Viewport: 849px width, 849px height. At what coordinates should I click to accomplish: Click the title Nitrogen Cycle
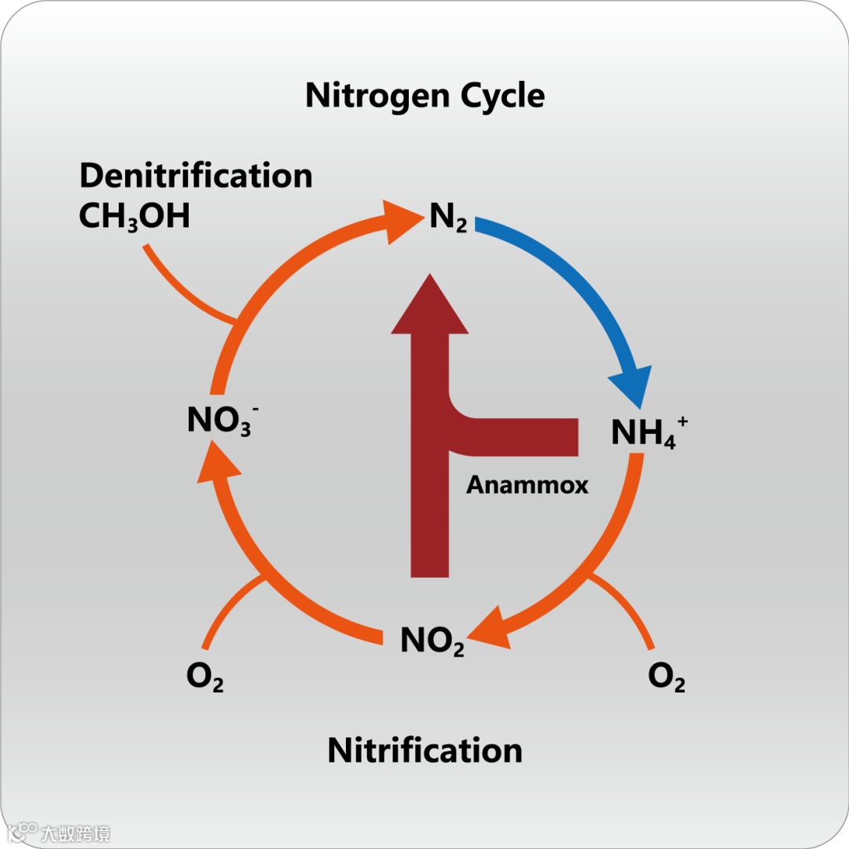pos(424,96)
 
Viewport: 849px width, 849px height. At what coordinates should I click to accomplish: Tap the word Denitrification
pos(196,175)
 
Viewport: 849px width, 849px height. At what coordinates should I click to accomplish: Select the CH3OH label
pos(134,215)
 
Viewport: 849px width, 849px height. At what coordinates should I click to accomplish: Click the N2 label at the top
pos(448,218)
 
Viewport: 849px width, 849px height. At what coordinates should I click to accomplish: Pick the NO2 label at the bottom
pos(432,641)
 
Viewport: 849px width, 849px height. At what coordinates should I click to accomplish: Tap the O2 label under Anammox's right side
pos(666,677)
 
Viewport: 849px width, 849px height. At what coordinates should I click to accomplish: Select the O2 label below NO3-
pos(204,677)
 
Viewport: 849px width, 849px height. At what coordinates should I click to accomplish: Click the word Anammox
pos(527,484)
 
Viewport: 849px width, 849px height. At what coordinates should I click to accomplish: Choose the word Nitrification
pos(424,750)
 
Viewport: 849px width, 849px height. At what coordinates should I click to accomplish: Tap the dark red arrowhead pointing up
pos(429,307)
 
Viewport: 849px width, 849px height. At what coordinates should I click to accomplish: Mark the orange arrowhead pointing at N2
pos(397,219)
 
